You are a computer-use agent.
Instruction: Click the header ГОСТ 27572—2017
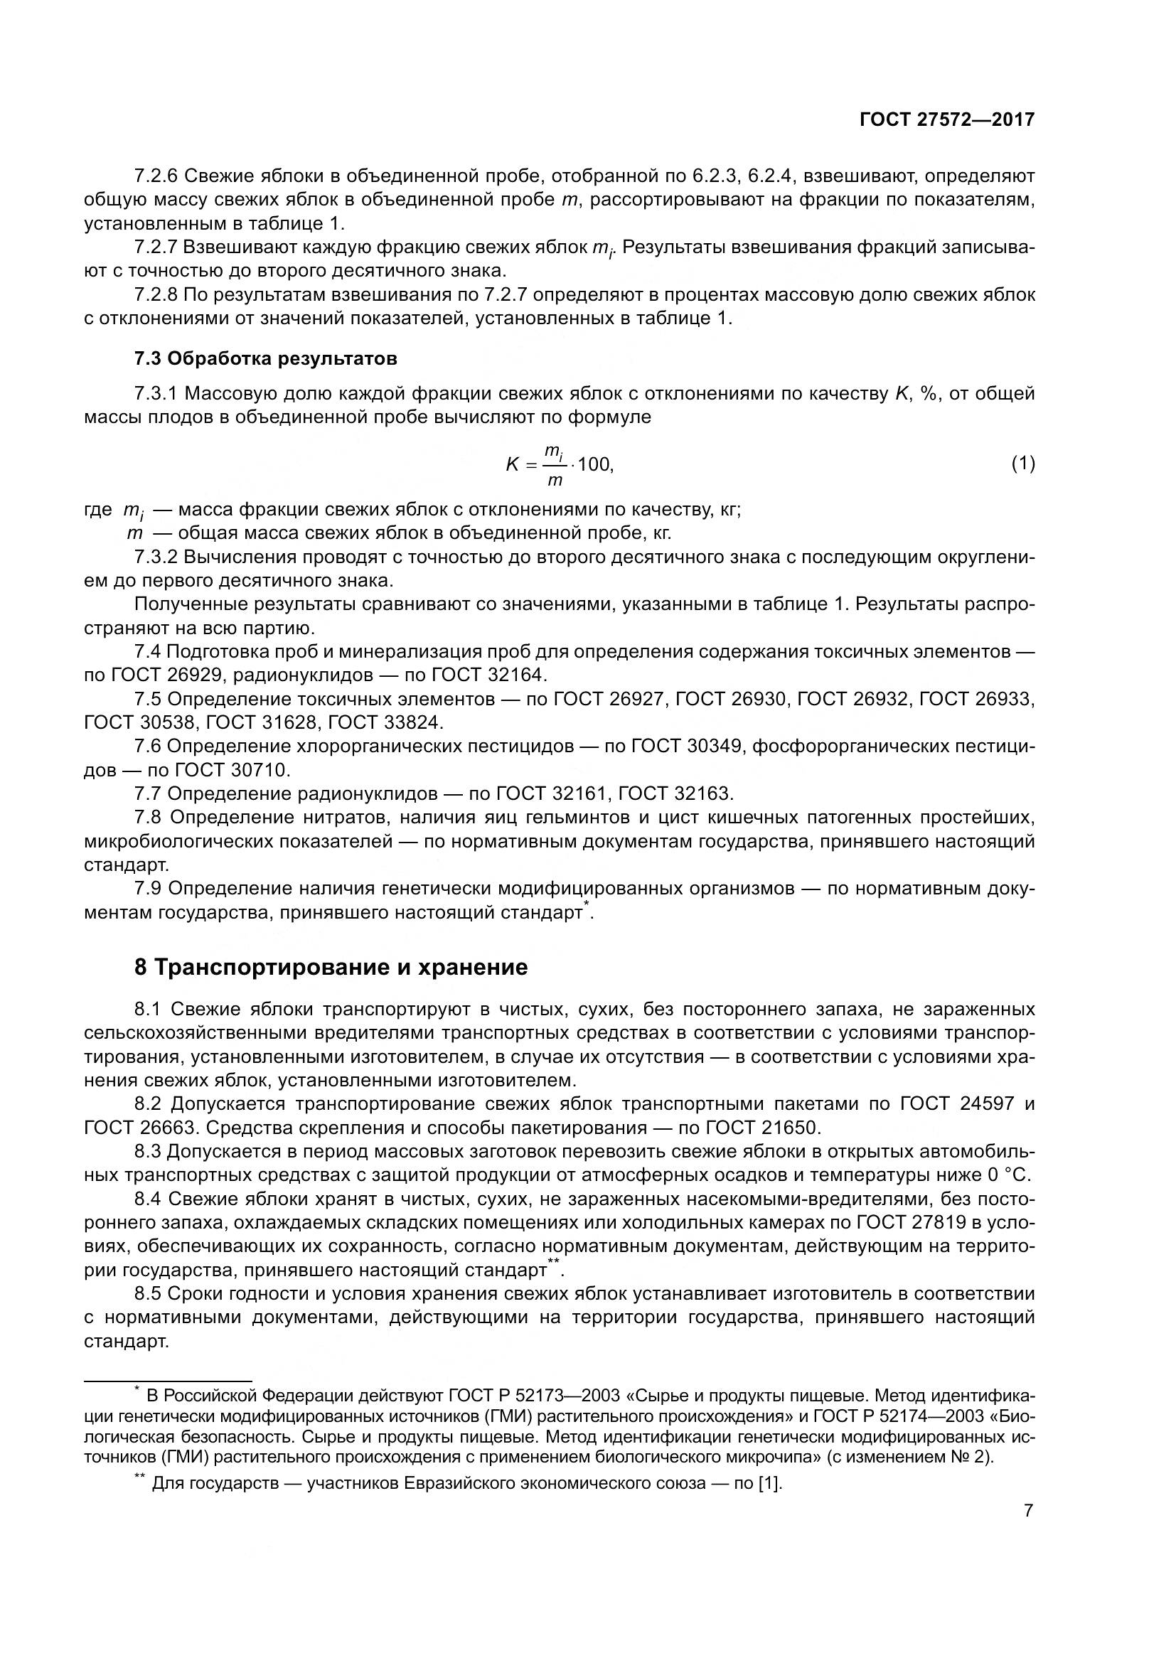(946, 119)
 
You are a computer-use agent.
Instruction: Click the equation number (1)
(1022, 464)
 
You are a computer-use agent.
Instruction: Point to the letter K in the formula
(513, 464)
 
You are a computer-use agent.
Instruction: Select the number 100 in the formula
(594, 464)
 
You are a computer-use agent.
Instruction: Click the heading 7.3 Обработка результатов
(266, 358)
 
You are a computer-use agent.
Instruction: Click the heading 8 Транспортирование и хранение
(331, 967)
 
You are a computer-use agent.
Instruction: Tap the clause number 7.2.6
(156, 176)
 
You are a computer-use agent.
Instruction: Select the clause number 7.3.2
(156, 557)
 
